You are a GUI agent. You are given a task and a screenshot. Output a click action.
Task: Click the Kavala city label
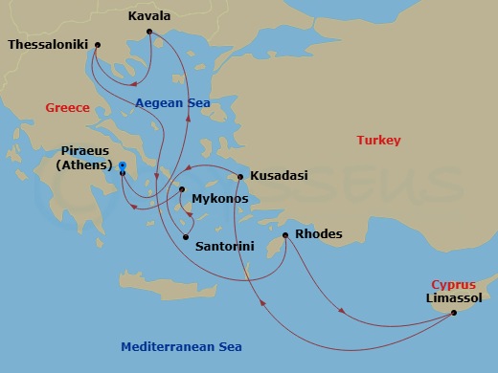click(149, 16)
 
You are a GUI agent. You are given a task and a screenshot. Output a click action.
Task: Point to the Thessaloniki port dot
click(97, 45)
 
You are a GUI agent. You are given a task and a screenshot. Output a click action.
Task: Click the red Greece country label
click(67, 108)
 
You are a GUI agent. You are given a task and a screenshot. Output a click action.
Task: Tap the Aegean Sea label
click(166, 103)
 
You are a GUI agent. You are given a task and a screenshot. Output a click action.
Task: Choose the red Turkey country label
click(378, 141)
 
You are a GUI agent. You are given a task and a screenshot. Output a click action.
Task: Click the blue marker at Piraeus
click(123, 166)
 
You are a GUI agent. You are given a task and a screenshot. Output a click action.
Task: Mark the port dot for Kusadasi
click(240, 176)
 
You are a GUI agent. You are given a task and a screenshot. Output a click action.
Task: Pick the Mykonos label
click(220, 199)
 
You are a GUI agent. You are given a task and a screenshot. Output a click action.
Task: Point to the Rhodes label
click(320, 234)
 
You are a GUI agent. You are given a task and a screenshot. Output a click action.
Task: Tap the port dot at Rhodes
click(285, 235)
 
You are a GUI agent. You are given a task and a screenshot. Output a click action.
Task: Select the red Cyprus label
click(453, 285)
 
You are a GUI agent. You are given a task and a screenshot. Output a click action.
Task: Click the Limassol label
click(454, 299)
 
